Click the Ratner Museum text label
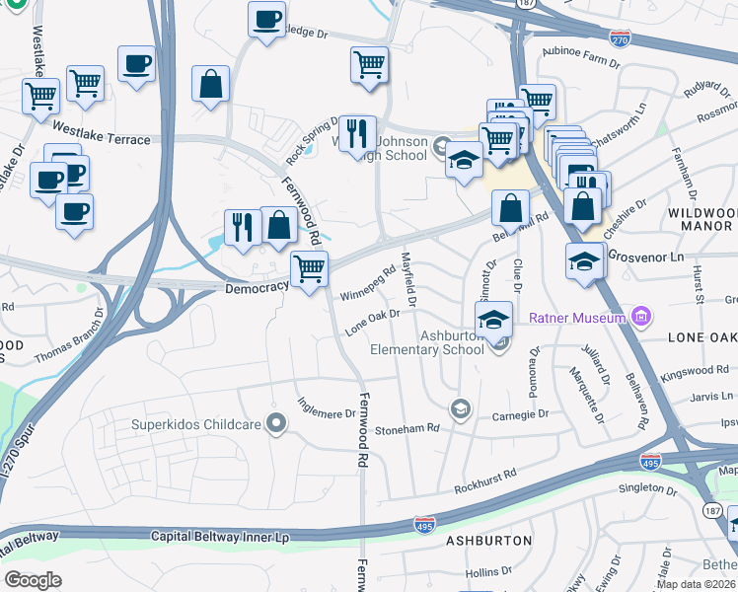[578, 318]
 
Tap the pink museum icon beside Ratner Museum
[641, 317]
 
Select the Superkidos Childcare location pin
[277, 424]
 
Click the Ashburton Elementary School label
[427, 342]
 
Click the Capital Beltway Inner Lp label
[219, 536]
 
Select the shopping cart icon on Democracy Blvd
[310, 267]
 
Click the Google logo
[33, 580]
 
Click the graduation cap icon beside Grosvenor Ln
[584, 261]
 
